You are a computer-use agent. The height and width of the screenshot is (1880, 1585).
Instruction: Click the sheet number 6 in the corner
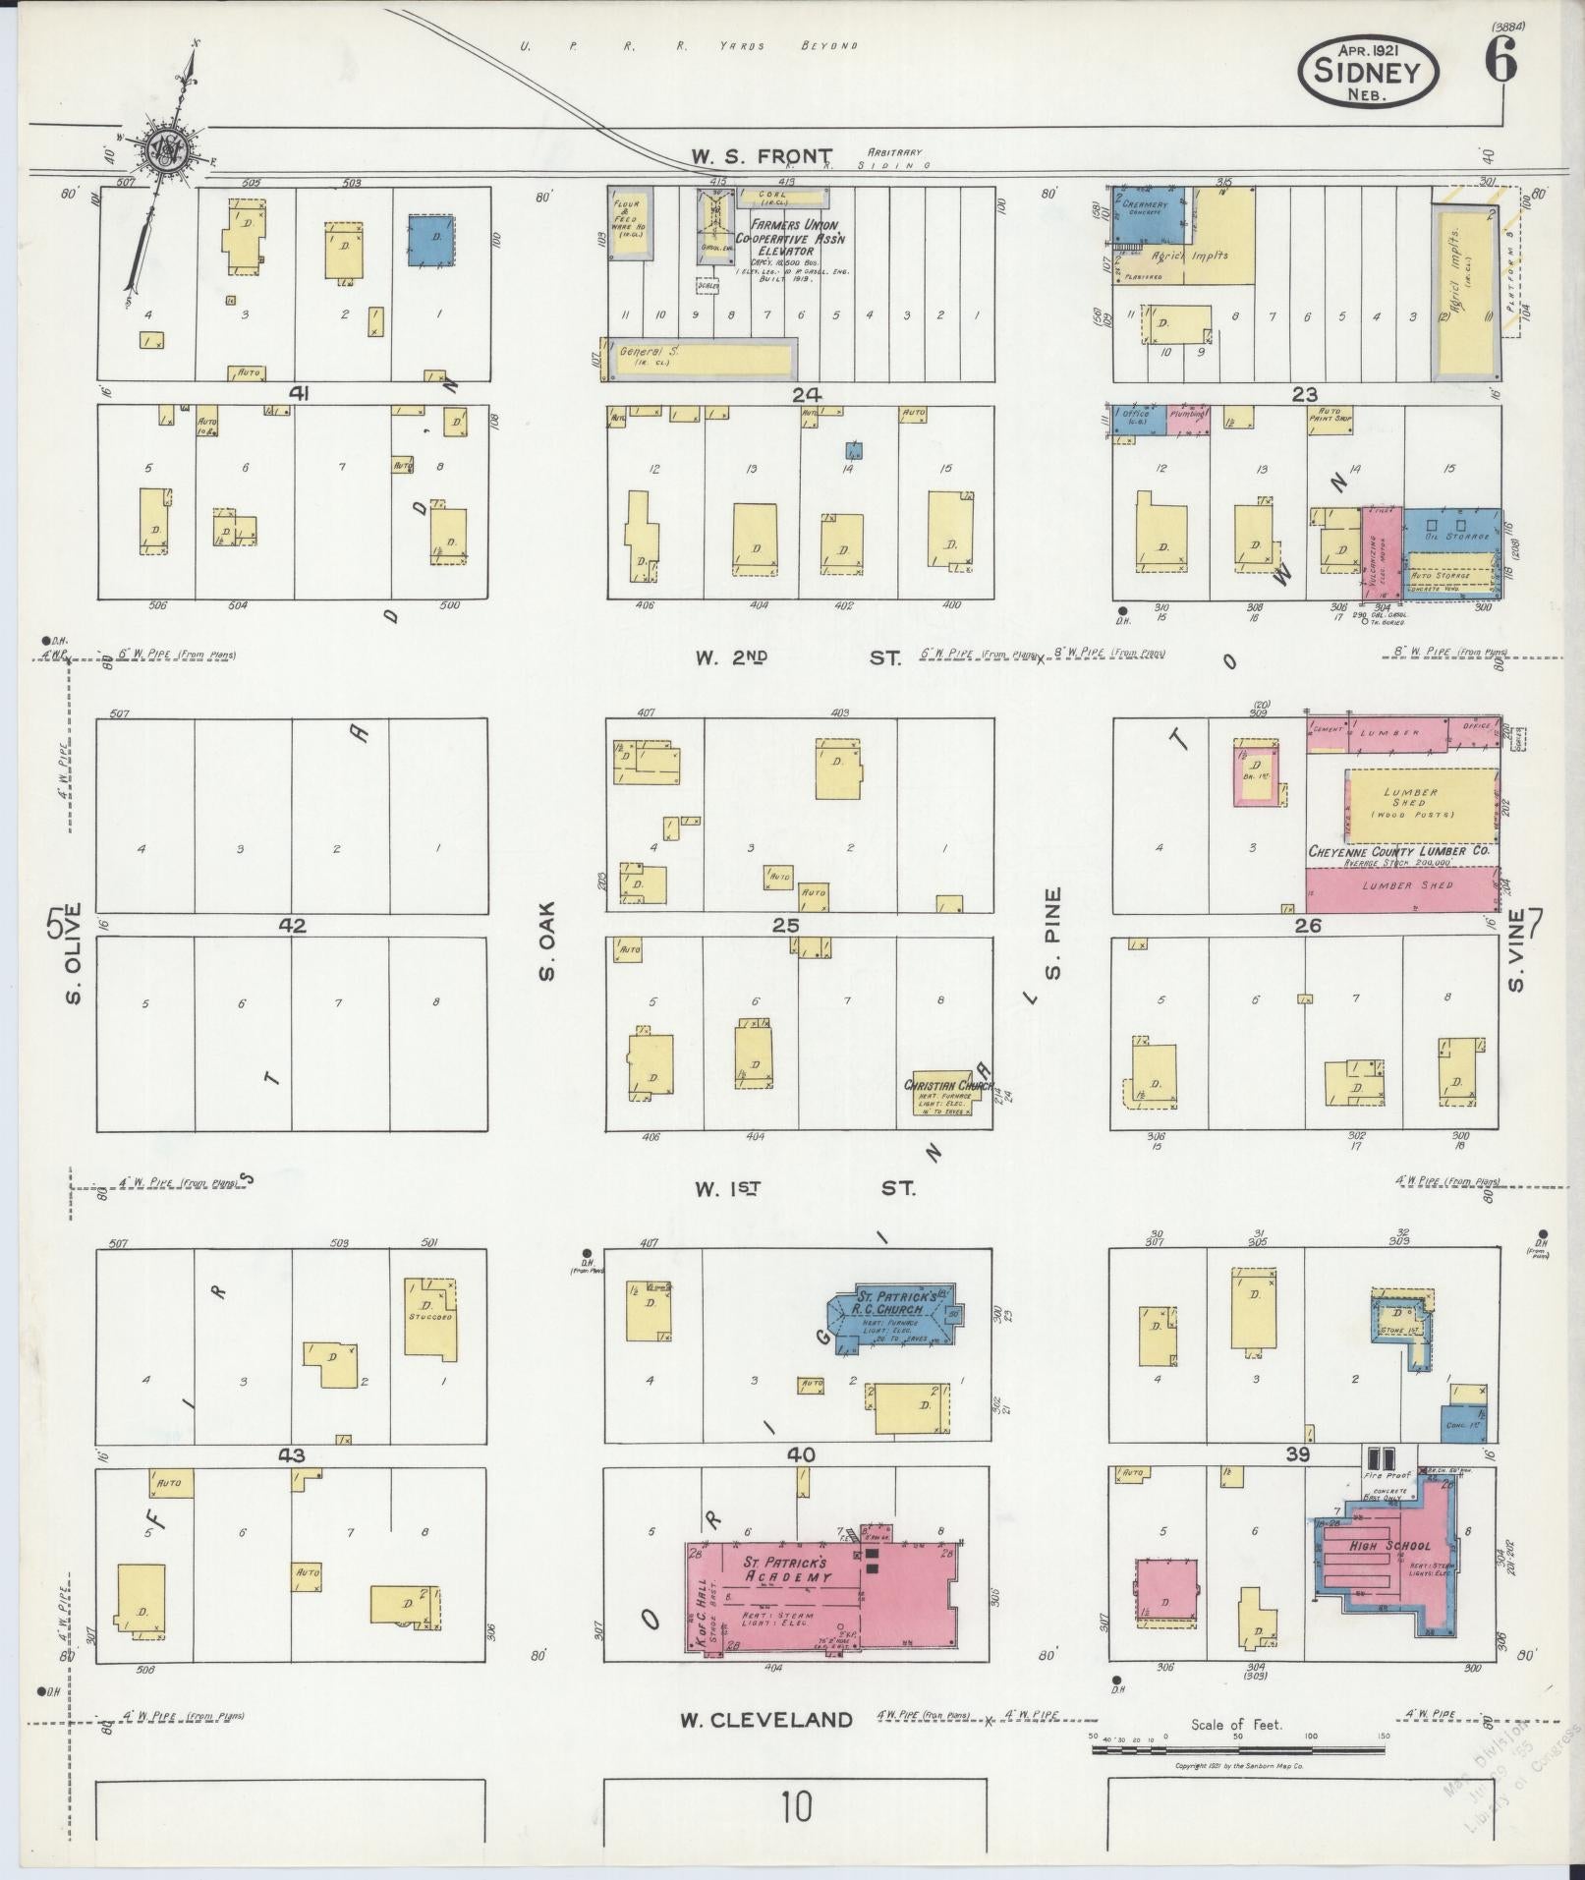coord(1500,61)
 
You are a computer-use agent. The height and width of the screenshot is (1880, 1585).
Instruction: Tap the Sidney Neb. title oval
coord(1368,70)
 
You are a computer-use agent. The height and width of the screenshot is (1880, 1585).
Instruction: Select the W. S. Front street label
coord(761,155)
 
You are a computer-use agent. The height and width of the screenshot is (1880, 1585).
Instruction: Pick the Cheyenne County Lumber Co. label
coord(1397,850)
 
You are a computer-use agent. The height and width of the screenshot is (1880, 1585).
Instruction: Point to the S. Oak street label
coord(547,940)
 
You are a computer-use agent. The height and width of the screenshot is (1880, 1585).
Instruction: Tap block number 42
coord(292,925)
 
